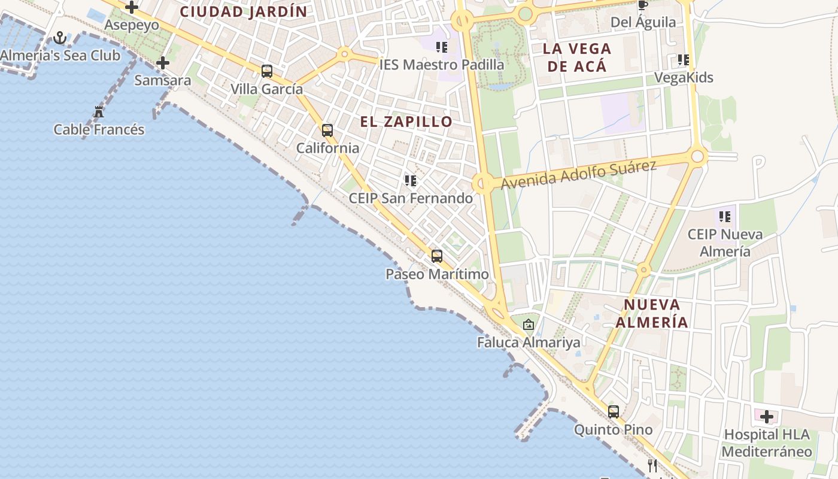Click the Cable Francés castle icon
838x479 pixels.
click(x=99, y=111)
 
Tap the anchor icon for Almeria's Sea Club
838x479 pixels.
click(x=60, y=38)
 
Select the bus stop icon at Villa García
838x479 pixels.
click(x=267, y=71)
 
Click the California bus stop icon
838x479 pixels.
click(x=327, y=130)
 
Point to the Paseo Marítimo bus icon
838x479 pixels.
click(x=437, y=256)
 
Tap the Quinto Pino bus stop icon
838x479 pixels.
click(x=614, y=412)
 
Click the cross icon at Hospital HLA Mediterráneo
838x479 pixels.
click(x=767, y=417)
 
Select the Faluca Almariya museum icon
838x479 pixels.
click(x=529, y=325)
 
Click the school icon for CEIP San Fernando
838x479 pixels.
click(x=411, y=180)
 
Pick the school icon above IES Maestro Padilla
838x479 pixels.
click(x=442, y=47)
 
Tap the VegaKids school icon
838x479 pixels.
click(x=684, y=60)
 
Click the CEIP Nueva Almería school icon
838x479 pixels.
click(x=725, y=216)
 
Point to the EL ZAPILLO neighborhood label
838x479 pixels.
click(x=406, y=122)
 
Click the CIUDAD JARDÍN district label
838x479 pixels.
click(x=244, y=11)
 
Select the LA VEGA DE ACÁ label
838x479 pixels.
click(x=577, y=57)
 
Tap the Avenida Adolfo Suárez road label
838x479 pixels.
click(x=579, y=174)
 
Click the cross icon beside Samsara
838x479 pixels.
click(x=162, y=63)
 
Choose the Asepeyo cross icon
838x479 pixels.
click(x=132, y=8)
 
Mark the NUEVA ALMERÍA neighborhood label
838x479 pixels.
click(x=652, y=313)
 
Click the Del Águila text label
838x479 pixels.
click(x=643, y=23)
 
